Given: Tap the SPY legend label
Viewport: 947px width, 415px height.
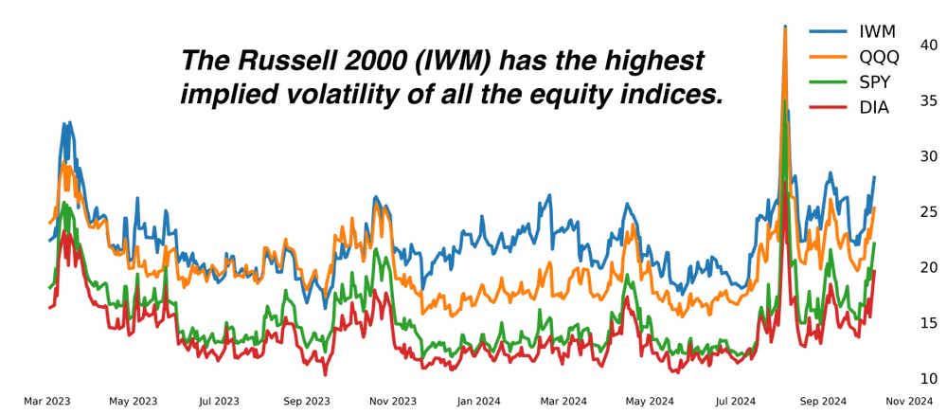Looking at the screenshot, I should click(x=872, y=82).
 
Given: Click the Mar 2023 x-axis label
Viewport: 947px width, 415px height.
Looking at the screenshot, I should click(x=47, y=402).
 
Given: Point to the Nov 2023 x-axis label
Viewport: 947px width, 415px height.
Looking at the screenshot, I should click(x=391, y=402).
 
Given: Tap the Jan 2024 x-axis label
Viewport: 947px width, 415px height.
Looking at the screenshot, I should click(x=477, y=402).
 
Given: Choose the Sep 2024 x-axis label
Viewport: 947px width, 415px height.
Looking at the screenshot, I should click(x=820, y=402).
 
